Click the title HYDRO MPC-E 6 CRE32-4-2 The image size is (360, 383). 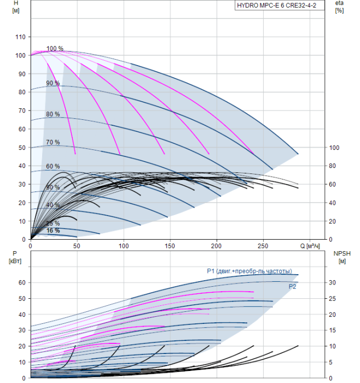(x=276, y=5)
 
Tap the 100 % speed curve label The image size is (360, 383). (x=55, y=48)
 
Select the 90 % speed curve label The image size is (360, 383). (x=53, y=83)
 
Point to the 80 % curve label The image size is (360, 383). (x=53, y=114)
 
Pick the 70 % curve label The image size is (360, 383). (x=53, y=142)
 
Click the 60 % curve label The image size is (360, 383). (x=53, y=166)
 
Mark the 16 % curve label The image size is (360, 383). (x=53, y=230)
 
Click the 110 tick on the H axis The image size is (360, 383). (x=20, y=37)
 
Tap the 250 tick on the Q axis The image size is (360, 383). (x=263, y=246)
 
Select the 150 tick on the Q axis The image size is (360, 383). (x=170, y=246)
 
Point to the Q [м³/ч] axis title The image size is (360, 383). (x=310, y=246)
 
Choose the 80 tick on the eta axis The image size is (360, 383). (x=333, y=166)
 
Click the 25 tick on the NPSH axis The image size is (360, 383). (x=333, y=299)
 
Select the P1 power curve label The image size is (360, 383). (x=249, y=271)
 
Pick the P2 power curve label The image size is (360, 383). (x=292, y=287)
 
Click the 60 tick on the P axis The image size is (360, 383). (x=22, y=283)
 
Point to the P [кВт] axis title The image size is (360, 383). (x=15, y=258)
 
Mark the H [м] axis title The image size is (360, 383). (x=16, y=7)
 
